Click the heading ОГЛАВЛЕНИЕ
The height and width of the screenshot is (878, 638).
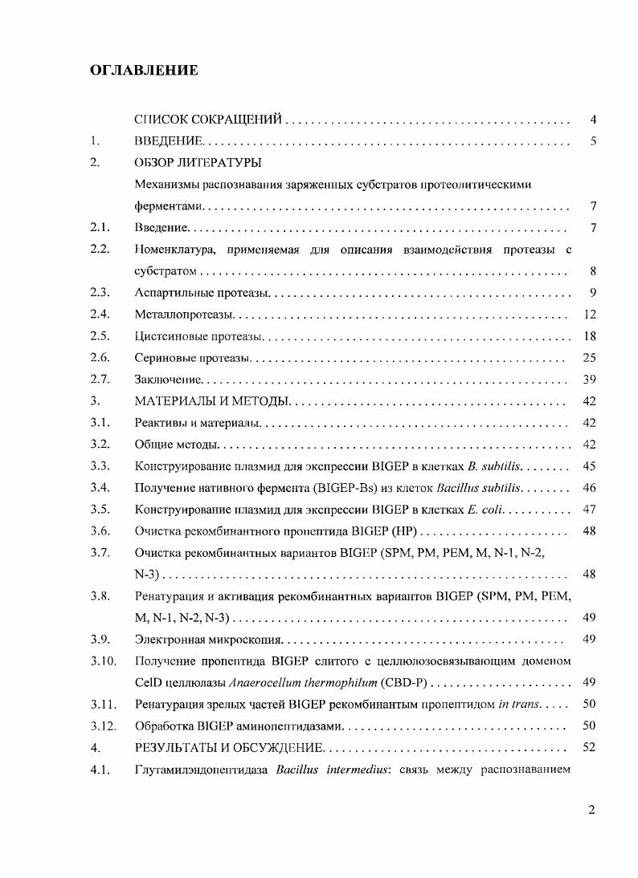(x=144, y=71)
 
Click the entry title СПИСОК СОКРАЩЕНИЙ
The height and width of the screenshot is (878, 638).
(x=207, y=120)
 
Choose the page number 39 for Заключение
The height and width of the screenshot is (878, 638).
(x=589, y=380)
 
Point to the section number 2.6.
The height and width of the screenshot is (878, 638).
(x=100, y=358)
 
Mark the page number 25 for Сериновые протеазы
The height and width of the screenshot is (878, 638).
(x=589, y=358)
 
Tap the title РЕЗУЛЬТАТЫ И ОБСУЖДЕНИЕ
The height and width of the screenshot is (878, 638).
(x=227, y=748)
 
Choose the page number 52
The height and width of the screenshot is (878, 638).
(x=589, y=748)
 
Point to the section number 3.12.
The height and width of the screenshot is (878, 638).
(x=104, y=726)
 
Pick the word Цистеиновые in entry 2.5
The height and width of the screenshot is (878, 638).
(x=166, y=336)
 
